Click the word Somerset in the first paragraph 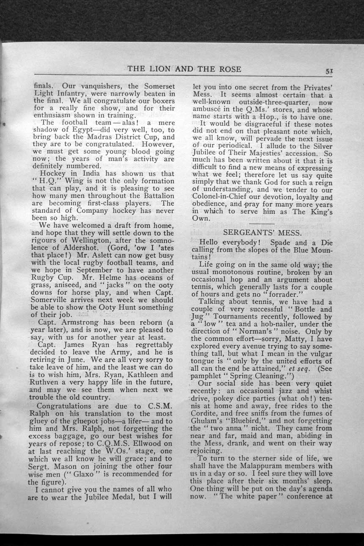(154, 85)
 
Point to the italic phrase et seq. (303, 369)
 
